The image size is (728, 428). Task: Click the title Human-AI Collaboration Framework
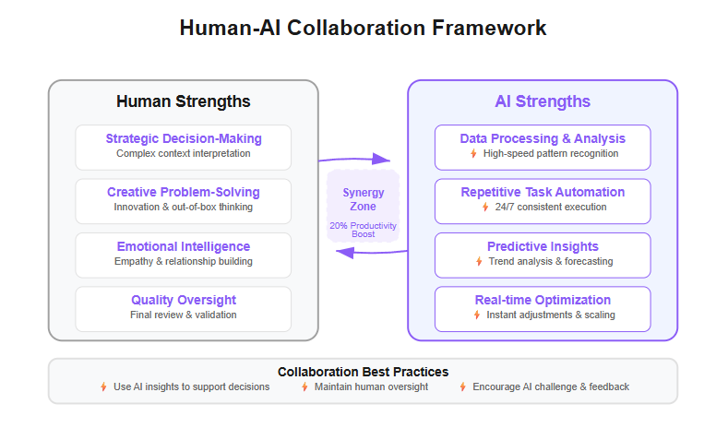click(x=363, y=28)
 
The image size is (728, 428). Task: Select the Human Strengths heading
click(x=184, y=101)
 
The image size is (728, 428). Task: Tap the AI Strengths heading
click(x=543, y=101)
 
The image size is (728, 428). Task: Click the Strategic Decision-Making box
click(x=184, y=148)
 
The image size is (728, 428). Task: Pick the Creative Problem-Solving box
click(x=184, y=201)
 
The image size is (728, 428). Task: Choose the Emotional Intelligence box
click(x=184, y=255)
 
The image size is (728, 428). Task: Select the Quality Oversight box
click(x=184, y=309)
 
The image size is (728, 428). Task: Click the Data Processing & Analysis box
click(x=543, y=148)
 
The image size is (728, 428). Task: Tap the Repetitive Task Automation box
click(x=543, y=201)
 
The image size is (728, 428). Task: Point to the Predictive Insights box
click(x=543, y=255)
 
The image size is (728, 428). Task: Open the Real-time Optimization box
click(x=543, y=309)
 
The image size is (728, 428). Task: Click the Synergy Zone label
click(x=363, y=199)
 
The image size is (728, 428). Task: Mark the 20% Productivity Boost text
click(x=363, y=230)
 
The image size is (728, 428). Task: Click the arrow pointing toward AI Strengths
click(x=354, y=160)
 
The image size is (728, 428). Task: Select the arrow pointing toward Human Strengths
click(x=372, y=253)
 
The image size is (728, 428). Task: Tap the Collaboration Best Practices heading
click(x=363, y=372)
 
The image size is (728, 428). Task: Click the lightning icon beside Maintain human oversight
click(x=304, y=386)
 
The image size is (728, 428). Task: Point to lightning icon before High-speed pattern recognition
click(x=473, y=153)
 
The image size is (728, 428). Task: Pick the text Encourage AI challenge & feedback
click(x=551, y=386)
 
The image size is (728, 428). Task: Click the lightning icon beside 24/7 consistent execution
click(x=485, y=207)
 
